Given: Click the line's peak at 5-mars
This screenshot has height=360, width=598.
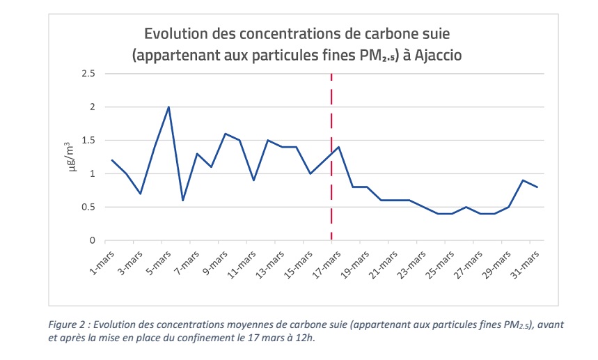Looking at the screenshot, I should (168, 107).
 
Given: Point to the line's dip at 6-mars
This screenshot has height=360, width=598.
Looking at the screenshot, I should (183, 201).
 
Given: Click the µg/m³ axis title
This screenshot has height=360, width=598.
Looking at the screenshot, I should (70, 157).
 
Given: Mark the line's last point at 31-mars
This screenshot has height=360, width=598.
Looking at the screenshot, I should (537, 187).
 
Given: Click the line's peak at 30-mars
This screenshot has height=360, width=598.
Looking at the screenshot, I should (524, 180).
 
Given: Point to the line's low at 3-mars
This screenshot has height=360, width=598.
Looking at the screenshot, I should (141, 194).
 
